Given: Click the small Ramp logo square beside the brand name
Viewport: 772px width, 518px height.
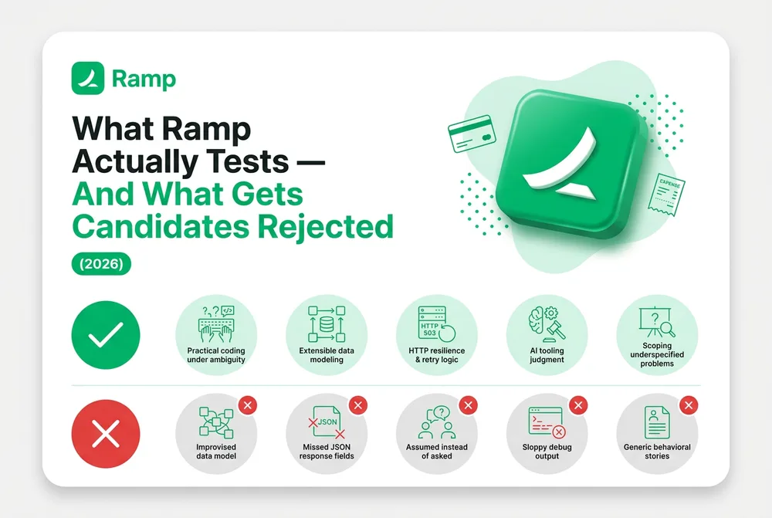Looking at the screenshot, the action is [88, 78].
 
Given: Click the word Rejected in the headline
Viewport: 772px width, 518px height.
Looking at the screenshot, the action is [326, 226].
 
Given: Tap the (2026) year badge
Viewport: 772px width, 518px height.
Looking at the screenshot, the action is [101, 263].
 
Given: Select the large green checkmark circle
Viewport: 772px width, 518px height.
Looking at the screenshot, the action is [106, 335].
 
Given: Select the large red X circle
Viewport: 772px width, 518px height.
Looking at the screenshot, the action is [106, 434].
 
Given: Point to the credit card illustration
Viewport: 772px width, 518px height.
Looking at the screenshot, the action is [472, 133].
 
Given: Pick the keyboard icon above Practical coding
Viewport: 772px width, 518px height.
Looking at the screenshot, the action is [216, 324].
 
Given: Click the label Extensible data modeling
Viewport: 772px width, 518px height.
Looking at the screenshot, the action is [327, 355].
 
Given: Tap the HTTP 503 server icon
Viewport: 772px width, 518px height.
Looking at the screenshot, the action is [436, 323].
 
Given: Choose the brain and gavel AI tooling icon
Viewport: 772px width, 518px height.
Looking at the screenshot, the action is [547, 323].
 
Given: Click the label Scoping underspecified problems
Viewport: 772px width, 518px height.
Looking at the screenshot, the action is [657, 354].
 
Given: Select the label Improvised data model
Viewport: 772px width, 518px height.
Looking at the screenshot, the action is [216, 452].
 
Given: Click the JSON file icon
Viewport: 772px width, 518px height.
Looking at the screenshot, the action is [327, 422].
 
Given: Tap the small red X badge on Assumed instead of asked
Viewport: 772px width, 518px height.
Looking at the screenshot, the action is [469, 405].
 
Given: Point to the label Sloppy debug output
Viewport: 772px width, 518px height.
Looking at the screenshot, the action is [547, 452].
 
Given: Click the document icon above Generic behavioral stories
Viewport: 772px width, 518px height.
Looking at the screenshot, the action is [657, 422].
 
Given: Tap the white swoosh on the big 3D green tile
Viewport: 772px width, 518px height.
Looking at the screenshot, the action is [561, 165].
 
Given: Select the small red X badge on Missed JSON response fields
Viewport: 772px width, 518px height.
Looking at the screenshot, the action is [358, 405].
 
